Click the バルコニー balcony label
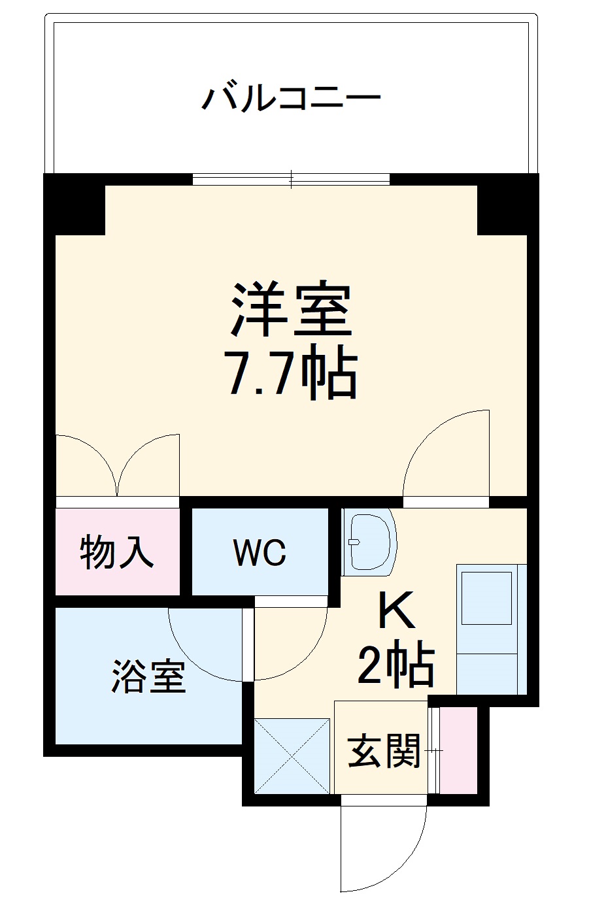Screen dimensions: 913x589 (291, 99)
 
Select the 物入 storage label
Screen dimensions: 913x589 (117, 553)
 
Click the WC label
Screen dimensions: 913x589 (260, 553)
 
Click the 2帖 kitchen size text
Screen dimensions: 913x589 (395, 665)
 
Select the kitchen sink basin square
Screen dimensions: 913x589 (486, 598)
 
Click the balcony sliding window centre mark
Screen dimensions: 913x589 (292, 178)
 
